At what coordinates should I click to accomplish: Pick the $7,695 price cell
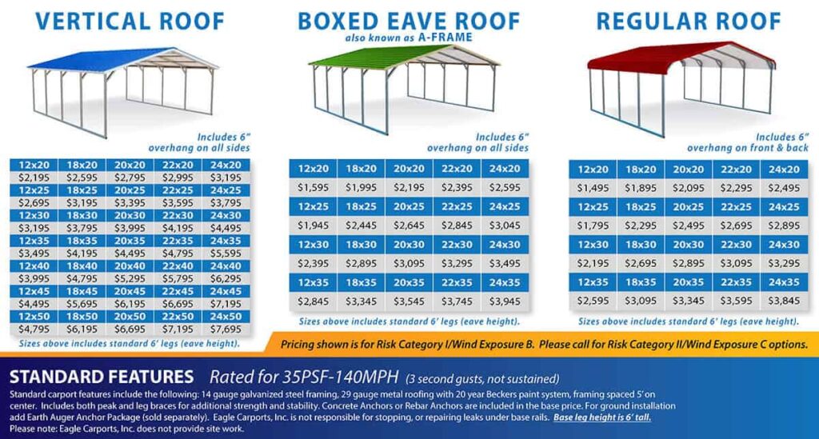[x=225, y=329]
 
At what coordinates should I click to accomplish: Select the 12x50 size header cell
[x=33, y=317]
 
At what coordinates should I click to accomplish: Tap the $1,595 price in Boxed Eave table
[x=313, y=187]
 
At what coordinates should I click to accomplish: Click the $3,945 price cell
[x=505, y=301]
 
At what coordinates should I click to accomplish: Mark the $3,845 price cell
[x=785, y=301]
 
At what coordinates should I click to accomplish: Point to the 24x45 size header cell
[x=225, y=291]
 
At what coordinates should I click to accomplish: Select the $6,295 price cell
[x=225, y=277]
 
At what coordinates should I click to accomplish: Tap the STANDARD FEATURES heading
[x=101, y=377]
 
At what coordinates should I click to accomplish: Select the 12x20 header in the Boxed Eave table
[x=313, y=169]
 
